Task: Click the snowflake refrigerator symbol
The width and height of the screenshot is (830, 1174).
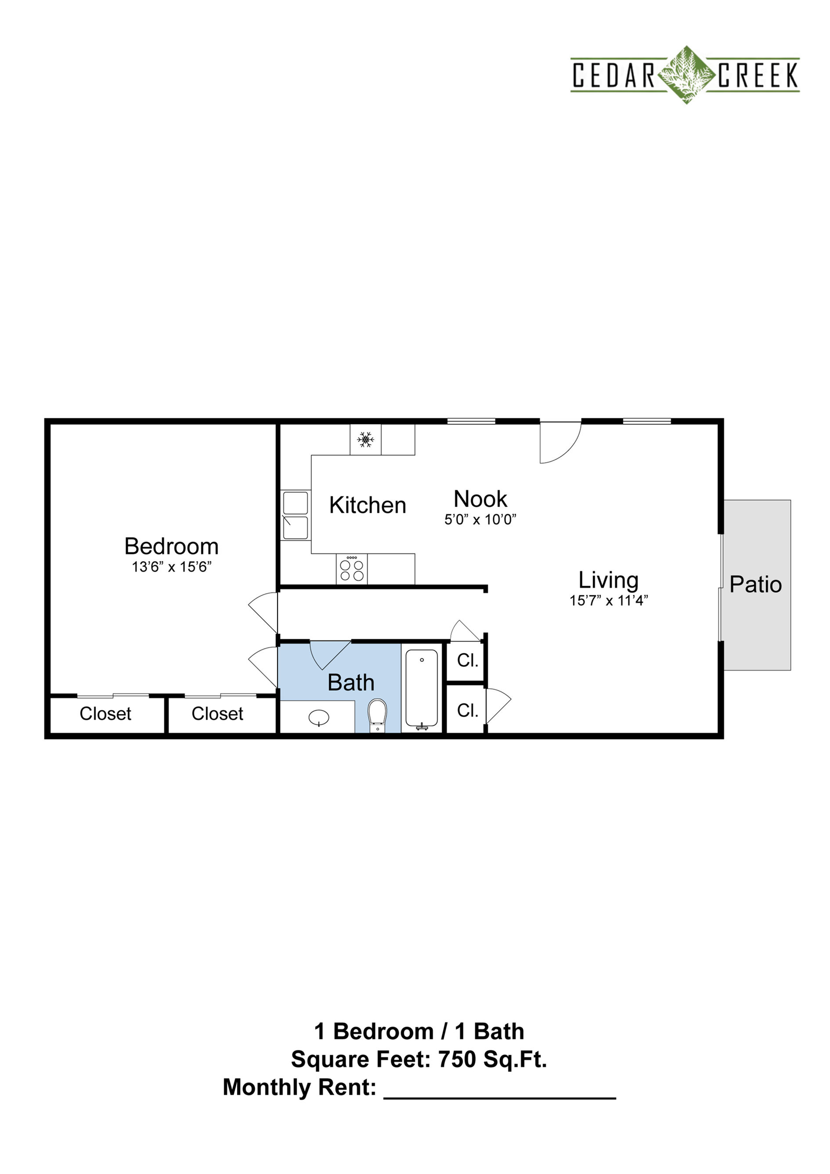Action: pos(365,439)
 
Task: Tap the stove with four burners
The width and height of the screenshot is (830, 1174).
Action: pos(352,569)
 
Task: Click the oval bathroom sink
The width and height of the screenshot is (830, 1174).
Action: pos(319,718)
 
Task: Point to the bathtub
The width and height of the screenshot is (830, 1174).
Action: pos(422,689)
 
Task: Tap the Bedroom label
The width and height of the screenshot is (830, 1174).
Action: pos(171,546)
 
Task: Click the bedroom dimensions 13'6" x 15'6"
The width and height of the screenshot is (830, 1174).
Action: pos(171,567)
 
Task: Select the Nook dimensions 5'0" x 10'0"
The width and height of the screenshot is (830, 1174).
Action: pos(480,520)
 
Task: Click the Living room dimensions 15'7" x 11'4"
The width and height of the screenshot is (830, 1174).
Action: pos(609,600)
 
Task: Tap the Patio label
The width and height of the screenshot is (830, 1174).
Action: pos(755,585)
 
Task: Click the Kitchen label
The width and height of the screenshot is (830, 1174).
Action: pos(368,505)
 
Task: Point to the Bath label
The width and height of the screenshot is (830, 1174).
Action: pos(351,683)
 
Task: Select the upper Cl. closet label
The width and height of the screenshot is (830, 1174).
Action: pos(467,661)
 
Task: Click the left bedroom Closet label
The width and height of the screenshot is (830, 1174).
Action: pos(105,713)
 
